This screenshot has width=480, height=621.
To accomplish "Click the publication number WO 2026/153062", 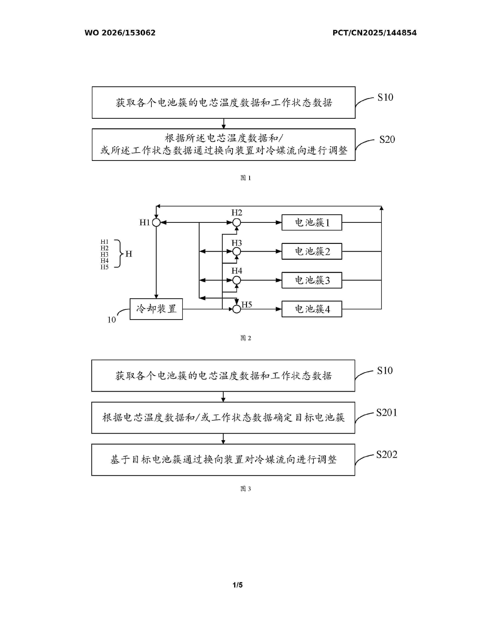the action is [120, 33].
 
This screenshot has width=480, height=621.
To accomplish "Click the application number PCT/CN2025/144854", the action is [375, 33].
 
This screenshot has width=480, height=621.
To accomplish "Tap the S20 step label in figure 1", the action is [387, 139].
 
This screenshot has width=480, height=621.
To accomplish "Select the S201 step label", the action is [386, 412].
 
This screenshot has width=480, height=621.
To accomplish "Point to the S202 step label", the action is [386, 455].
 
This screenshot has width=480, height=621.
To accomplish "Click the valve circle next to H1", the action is [156, 222].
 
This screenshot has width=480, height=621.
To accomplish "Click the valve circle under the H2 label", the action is [237, 222].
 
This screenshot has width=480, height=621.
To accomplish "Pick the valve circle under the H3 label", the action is [237, 251].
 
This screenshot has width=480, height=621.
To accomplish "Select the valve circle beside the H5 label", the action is [237, 309].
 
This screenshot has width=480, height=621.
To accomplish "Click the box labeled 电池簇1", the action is [312, 222].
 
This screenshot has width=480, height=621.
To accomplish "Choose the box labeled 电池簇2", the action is [312, 251].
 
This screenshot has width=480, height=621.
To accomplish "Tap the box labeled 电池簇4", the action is [312, 309].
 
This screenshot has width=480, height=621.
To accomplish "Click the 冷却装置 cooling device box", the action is [156, 309].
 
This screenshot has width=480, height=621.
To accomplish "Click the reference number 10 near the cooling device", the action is [111, 320].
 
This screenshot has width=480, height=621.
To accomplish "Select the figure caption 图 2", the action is [246, 338].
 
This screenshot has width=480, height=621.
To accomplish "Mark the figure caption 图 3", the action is [246, 489].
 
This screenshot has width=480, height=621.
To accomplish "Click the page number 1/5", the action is [238, 585].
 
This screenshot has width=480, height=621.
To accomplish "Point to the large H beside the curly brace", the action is [129, 254].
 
